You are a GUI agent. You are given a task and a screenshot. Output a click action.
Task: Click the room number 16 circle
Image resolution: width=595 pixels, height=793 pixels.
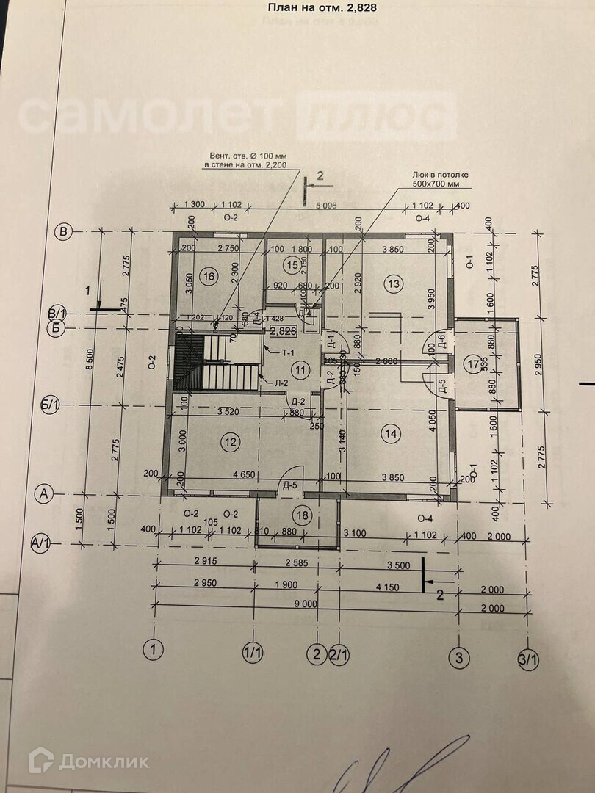(209, 277)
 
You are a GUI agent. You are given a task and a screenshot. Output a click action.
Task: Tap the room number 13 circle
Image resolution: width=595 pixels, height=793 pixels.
(394, 283)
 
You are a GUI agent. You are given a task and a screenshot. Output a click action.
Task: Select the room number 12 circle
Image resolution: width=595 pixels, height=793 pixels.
(231, 441)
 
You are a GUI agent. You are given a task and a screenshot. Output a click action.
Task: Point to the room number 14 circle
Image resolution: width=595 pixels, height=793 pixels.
(390, 434)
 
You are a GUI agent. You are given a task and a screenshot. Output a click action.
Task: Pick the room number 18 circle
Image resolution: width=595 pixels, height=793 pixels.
(300, 513)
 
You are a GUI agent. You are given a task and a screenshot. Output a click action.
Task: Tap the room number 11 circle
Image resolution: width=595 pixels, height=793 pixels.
(297, 369)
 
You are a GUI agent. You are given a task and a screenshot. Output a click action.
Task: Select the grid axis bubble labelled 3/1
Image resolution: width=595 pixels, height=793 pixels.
(527, 659)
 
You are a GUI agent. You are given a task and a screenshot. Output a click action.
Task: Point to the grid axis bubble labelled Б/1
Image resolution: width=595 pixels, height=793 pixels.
(51, 404)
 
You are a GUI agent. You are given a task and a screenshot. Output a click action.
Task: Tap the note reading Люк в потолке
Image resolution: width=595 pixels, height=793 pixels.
(440, 175)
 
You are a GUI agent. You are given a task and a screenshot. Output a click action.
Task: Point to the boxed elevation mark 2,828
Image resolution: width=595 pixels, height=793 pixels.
(283, 331)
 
